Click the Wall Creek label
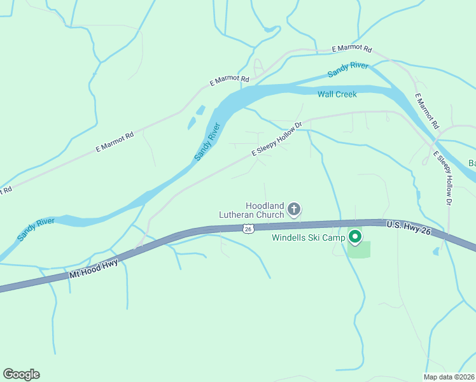[x=337, y=94]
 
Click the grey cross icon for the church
[x=294, y=208]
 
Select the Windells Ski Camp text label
[x=308, y=238]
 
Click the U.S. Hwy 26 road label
[x=409, y=227]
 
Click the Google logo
[x=21, y=374]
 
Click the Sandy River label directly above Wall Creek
[x=349, y=70]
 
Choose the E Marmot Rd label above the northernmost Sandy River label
[x=352, y=49]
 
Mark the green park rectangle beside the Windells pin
[x=358, y=250]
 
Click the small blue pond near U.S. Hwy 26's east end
[x=435, y=251]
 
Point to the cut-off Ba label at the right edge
[x=472, y=163]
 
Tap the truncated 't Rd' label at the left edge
[x=6, y=190]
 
